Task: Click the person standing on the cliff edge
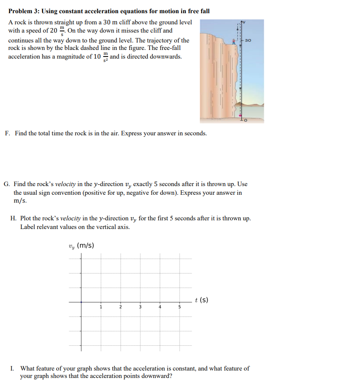(x=234, y=41)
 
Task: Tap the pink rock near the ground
(x=240, y=116)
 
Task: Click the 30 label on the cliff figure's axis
(x=248, y=40)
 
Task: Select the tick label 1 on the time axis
(x=100, y=307)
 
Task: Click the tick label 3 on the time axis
(x=140, y=307)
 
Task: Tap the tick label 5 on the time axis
(x=180, y=307)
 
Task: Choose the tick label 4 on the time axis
(x=160, y=307)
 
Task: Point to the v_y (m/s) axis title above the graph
(x=81, y=246)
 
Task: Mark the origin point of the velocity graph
(x=81, y=302)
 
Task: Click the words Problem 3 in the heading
(x=23, y=11)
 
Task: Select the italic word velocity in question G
(x=64, y=184)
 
